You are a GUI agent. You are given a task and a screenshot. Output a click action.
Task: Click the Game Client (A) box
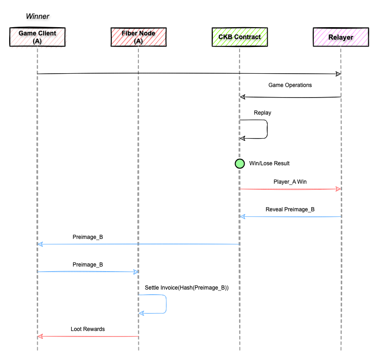point(37,37)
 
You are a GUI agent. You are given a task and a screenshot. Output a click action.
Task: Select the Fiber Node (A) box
point(138,37)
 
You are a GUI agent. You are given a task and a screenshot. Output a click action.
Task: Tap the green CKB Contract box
point(240,37)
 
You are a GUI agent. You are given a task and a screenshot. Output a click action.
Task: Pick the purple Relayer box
point(341,37)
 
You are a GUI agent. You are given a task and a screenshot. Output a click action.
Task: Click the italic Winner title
point(37,16)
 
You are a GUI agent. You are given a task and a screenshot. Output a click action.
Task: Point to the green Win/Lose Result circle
point(240,163)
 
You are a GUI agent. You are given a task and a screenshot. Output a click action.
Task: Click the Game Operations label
point(290,85)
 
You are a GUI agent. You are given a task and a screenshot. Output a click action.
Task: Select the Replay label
point(262,113)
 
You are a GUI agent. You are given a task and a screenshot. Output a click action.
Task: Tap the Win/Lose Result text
point(269,163)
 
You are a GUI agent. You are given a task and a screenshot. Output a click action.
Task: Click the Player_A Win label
point(290,182)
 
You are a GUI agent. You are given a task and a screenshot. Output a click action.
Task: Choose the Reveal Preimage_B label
point(290,209)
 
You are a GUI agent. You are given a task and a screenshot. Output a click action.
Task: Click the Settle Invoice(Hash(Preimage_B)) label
point(187,288)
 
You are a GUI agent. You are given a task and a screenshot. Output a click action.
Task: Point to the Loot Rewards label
point(88,329)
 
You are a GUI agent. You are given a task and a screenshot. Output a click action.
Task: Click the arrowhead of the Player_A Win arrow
point(338,189)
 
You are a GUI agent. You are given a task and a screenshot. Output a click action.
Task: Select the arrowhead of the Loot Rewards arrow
point(40,336)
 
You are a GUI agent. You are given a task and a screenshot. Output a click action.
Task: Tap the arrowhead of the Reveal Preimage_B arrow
point(242,216)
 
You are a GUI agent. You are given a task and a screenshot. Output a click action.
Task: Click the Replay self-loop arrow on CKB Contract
point(267,129)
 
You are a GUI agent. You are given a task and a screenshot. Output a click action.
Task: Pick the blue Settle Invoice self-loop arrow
point(166,304)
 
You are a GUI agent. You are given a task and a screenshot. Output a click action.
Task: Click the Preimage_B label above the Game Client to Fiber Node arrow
point(88,264)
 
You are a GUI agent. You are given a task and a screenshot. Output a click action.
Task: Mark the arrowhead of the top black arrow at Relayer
point(338,74)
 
